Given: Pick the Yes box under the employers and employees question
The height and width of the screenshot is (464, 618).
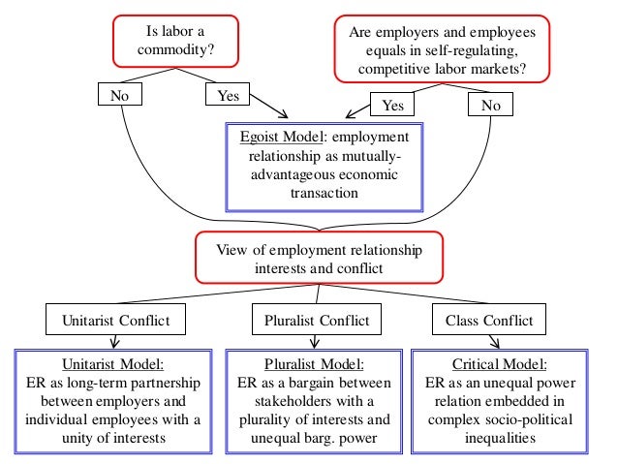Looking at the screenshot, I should (x=393, y=105).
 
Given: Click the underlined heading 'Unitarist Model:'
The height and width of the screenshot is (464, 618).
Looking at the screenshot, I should (x=113, y=364).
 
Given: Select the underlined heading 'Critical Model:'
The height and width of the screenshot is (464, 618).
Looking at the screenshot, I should (x=506, y=364).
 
